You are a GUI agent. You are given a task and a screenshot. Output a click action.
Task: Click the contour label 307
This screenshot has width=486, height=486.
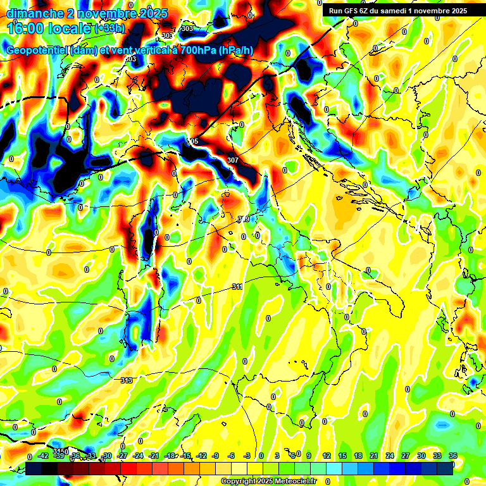[232, 160]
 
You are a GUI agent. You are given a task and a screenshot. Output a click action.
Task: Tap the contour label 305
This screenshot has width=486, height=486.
[193, 141]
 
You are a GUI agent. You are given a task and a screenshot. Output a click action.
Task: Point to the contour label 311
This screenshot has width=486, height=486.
[237, 287]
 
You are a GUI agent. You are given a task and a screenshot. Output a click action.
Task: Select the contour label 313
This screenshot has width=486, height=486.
[127, 380]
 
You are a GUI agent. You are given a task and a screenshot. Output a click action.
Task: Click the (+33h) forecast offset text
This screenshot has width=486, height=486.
[109, 28]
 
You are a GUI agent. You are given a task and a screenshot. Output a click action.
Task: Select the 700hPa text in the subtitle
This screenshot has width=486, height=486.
[189, 51]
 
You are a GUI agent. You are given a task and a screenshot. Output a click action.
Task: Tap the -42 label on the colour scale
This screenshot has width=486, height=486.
[44, 456]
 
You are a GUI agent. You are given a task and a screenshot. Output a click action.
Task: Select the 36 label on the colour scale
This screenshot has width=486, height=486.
[453, 456]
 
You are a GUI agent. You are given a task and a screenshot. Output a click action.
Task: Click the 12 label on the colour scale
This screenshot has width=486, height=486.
[327, 456]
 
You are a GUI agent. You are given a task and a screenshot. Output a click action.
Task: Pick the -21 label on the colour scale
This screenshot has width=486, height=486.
[154, 456]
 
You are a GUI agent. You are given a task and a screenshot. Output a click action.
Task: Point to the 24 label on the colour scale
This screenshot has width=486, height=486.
[390, 456]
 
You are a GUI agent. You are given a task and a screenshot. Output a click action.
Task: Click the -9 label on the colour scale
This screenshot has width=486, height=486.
[216, 456]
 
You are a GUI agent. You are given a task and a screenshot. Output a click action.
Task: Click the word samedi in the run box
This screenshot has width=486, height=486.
[401, 11]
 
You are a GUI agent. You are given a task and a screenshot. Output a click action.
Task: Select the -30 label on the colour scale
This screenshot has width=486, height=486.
[107, 456]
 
